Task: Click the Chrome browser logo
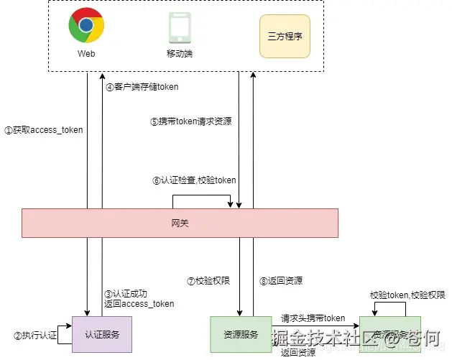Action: pyautogui.click(x=86, y=27)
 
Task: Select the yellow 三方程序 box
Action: pyautogui.click(x=285, y=36)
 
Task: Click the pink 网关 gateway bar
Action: pyautogui.click(x=180, y=223)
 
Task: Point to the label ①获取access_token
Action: pyautogui.click(x=44, y=130)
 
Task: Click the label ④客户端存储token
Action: pyautogui.click(x=142, y=87)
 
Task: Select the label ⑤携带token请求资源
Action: pyautogui.click(x=191, y=121)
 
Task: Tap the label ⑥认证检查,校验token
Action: pyautogui.click(x=194, y=180)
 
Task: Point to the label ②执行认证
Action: pyautogui.click(x=36, y=336)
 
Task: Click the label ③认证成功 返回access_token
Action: pyautogui.click(x=139, y=298)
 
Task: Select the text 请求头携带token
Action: pyautogui.click(x=313, y=318)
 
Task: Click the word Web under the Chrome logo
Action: pyautogui.click(x=86, y=54)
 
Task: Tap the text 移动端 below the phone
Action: pyautogui.click(x=180, y=54)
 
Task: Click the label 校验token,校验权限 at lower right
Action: pyautogui.click(x=403, y=295)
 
